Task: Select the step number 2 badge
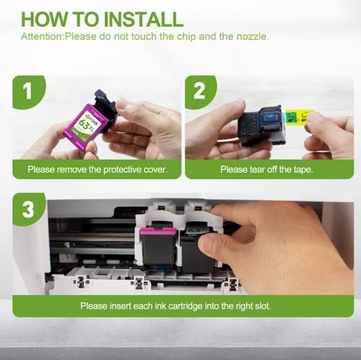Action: (x=200, y=92)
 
